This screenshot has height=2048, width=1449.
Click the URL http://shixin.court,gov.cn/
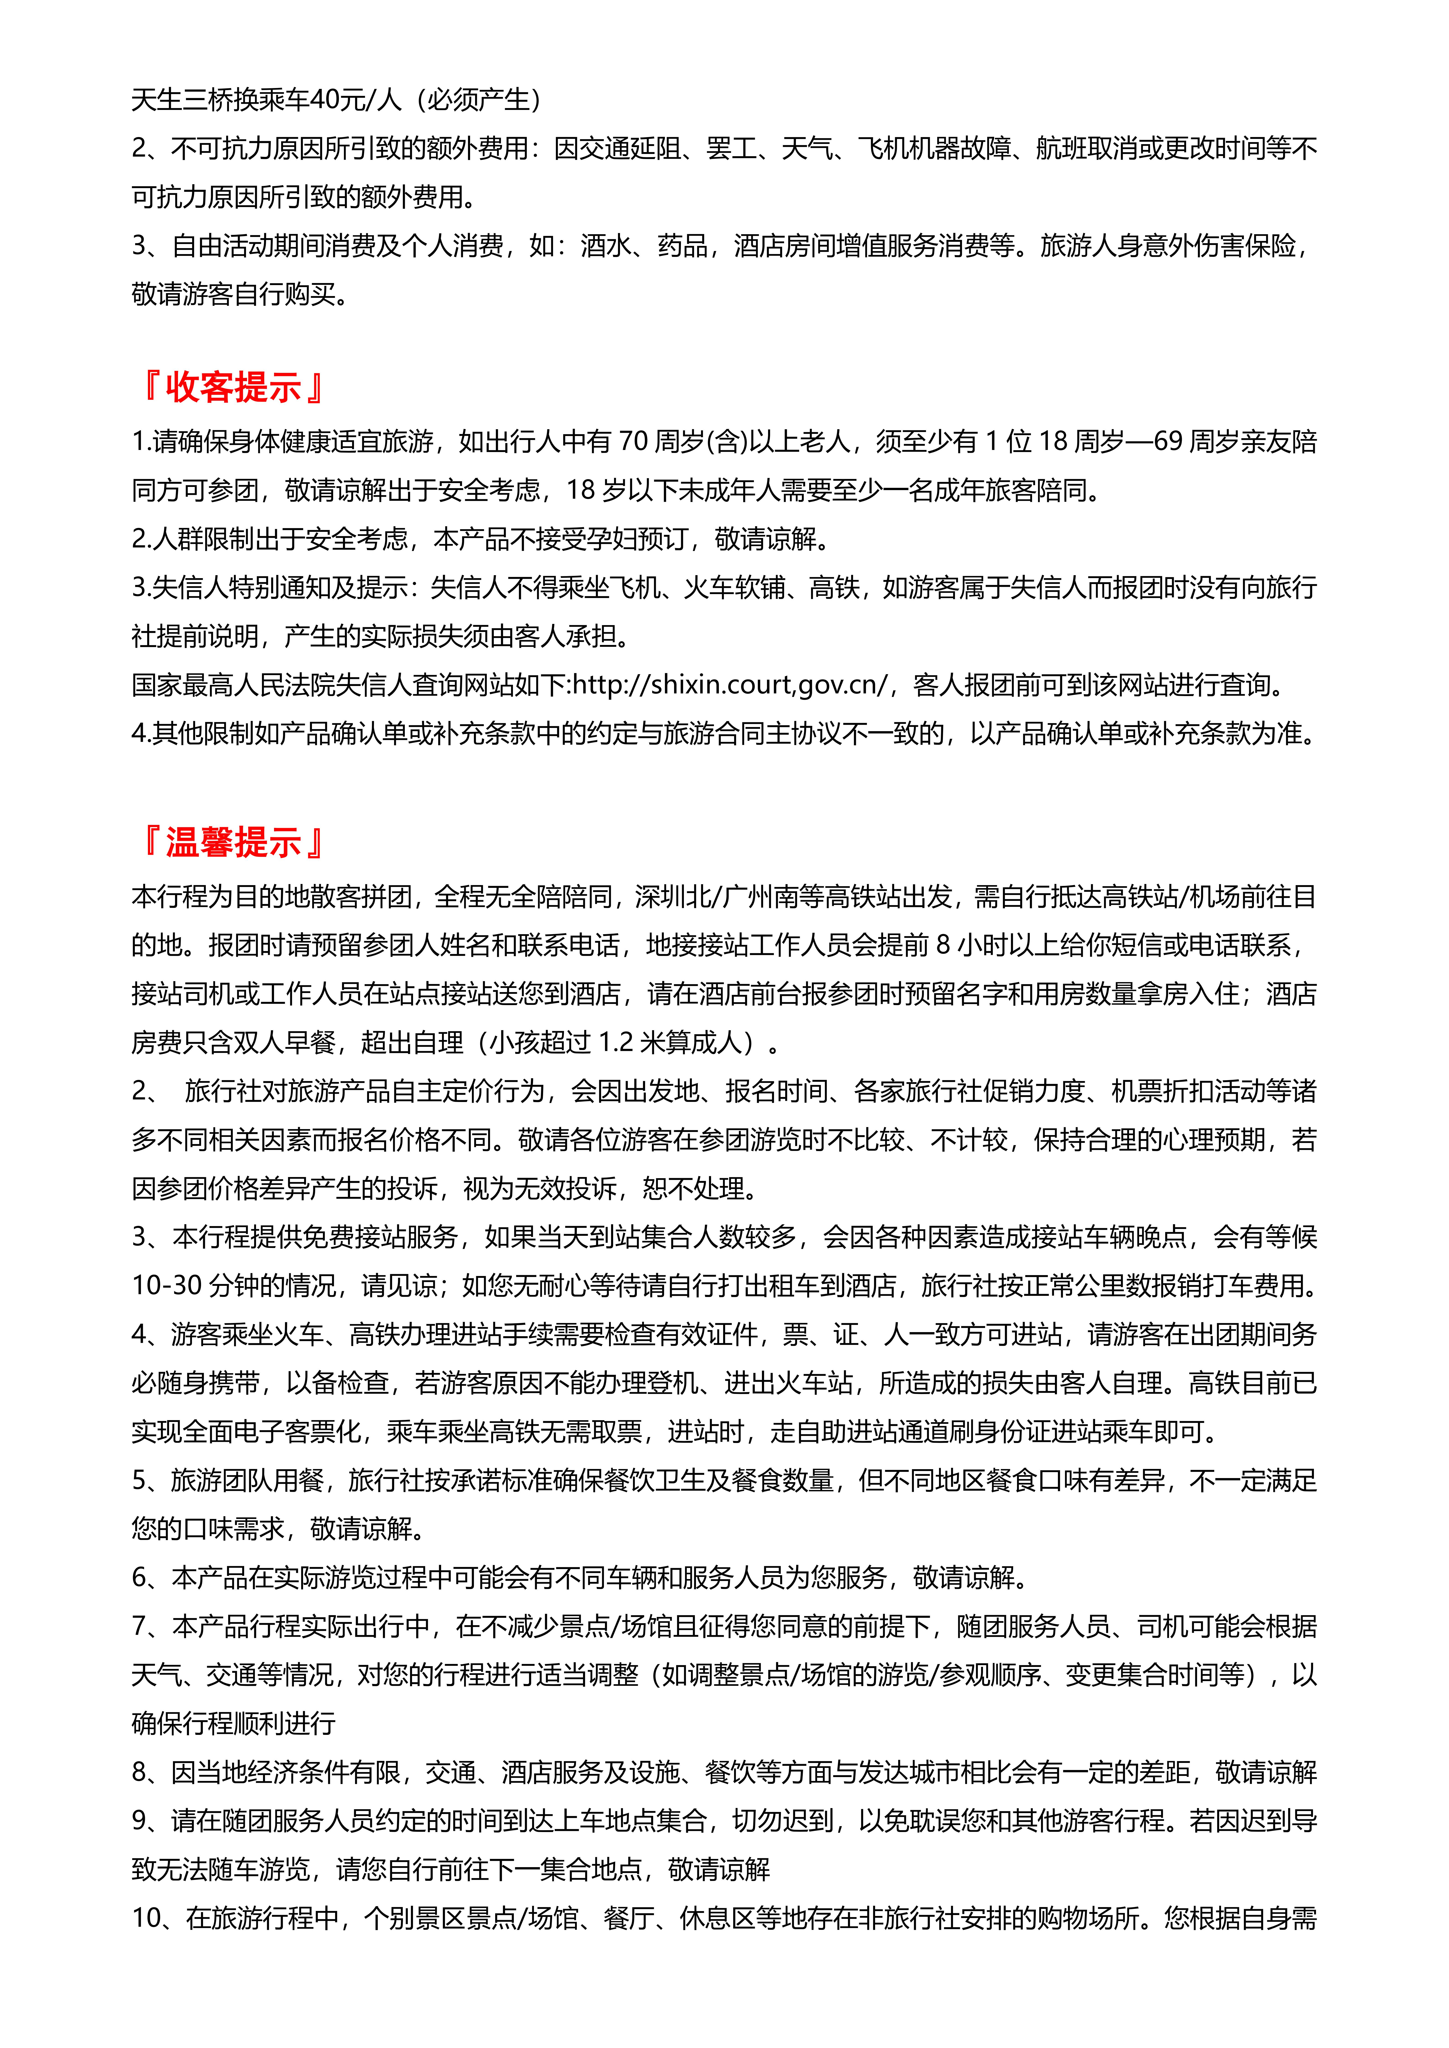[x=730, y=685]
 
